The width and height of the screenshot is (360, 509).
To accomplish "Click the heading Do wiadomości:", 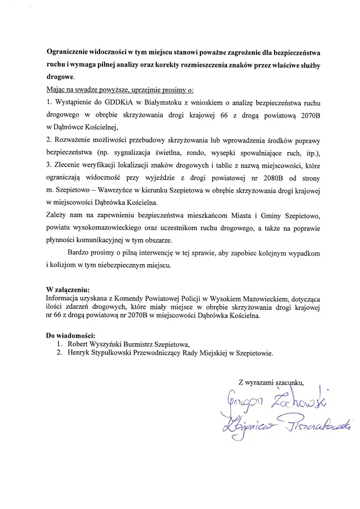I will [x=71, y=336].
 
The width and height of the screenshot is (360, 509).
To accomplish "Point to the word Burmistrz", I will [x=142, y=344].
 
